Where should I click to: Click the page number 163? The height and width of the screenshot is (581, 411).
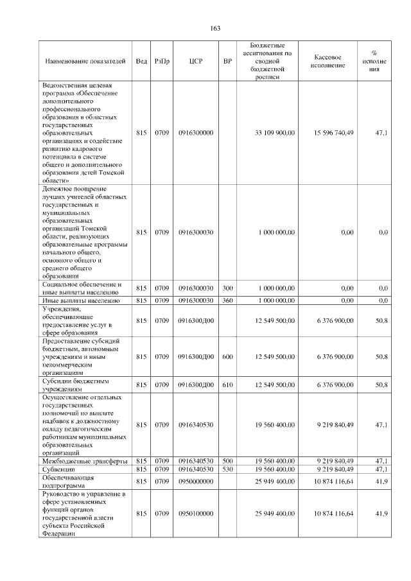pyautogui.click(x=215, y=28)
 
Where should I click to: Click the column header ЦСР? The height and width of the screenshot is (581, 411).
pyautogui.click(x=196, y=61)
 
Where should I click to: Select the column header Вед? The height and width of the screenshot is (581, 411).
pyautogui.click(x=141, y=61)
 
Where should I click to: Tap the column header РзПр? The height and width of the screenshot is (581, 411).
pyautogui.click(x=162, y=61)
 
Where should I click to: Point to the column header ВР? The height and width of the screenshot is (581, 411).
pyautogui.click(x=227, y=61)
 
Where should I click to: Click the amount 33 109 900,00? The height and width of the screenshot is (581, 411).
pyautogui.click(x=275, y=133)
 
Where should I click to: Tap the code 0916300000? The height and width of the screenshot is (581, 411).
pyautogui.click(x=196, y=133)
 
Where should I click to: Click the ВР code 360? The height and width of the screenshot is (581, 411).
pyautogui.click(x=227, y=300)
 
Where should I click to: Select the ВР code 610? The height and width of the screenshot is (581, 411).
pyautogui.click(x=227, y=385)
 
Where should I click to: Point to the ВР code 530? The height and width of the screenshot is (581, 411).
pyautogui.click(x=227, y=469)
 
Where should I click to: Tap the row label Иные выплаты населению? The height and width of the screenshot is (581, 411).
pyautogui.click(x=81, y=300)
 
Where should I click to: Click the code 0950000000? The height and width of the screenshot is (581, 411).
pyautogui.click(x=196, y=481)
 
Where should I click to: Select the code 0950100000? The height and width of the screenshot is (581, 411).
pyautogui.click(x=196, y=514)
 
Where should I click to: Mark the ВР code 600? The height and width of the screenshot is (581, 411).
pyautogui.click(x=227, y=356)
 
